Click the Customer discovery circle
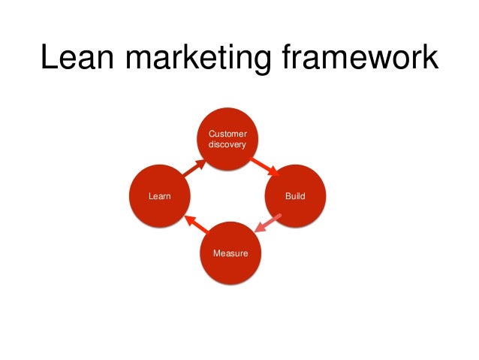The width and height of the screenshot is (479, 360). pos(227,139)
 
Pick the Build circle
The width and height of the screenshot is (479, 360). pos(296,196)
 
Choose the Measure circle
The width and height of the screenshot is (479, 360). pos(230,253)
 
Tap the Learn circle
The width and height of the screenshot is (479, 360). pos(159,196)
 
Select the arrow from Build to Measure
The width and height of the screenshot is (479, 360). pos(267,225)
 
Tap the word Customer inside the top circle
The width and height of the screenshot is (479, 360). pos(227,134)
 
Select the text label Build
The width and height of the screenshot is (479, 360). pos(295,196)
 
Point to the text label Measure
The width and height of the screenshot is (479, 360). pos(230,253)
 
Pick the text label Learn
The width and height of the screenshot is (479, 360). pos(159,196)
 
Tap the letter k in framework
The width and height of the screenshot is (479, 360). pos(426,59)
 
